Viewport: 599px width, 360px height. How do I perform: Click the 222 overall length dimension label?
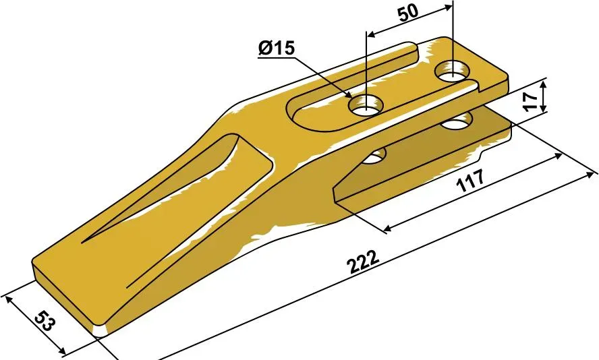363,262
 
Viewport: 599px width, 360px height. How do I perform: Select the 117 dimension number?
471,180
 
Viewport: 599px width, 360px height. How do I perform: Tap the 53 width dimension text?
45,321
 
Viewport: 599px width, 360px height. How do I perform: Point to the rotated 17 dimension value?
530,101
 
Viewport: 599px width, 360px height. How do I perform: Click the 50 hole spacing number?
408,13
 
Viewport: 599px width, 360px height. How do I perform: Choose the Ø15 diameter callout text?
277,48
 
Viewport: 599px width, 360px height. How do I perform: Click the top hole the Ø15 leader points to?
366,104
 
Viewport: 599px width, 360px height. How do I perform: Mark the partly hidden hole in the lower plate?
374,156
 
